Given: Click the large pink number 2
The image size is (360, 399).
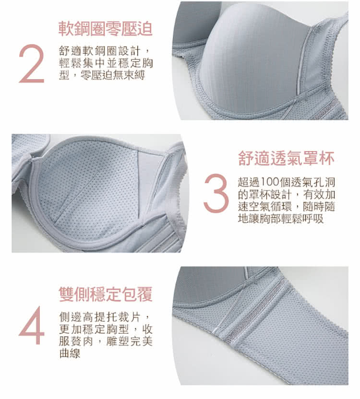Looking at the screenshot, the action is (32, 63).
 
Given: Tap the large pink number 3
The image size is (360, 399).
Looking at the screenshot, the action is (216, 193).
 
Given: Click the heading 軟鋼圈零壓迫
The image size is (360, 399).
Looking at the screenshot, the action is (106, 28).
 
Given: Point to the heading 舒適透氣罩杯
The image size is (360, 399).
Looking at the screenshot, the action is (286, 158).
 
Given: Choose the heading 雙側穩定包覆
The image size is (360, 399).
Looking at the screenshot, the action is (106, 294).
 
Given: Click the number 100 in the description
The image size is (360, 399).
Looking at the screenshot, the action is (269, 182).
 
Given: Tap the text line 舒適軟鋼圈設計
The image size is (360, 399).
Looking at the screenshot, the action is (100, 51).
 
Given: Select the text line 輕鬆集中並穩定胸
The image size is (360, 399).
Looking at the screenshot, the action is (106, 63).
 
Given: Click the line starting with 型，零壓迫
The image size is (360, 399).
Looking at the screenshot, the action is (102, 75).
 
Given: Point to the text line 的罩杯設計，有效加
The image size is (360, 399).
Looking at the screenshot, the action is (287, 195).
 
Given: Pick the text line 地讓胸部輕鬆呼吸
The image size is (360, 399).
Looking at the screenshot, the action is (280, 218).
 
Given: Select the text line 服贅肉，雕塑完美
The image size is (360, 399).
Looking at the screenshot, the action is (106, 341).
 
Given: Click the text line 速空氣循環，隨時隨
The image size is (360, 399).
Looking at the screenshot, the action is (287, 206).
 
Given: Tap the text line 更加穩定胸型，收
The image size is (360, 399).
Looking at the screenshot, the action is (106, 329).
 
